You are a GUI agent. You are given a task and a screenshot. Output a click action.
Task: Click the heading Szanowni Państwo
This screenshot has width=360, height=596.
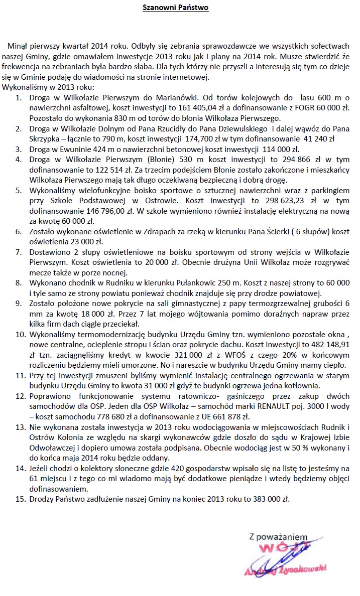pos(175,8)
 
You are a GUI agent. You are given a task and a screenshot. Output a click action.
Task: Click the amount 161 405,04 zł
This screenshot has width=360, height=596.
pos(215,106)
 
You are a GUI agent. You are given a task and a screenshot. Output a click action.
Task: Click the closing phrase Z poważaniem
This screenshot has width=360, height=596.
pos(278,537)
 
